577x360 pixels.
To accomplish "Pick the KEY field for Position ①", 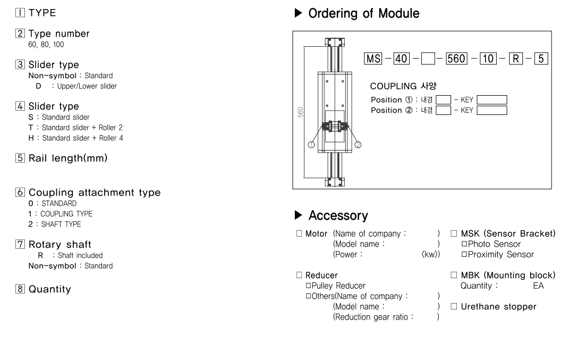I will click(x=491, y=99).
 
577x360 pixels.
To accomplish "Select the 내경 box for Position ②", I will click(x=443, y=110).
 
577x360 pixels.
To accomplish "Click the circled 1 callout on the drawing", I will click(x=312, y=144).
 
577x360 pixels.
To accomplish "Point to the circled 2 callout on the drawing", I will click(x=358, y=144).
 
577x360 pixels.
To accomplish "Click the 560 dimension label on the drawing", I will click(x=301, y=113).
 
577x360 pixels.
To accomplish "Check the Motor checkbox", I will click(x=300, y=234).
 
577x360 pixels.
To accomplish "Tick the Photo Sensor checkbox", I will click(x=464, y=244).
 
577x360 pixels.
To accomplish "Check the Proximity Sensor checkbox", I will click(x=464, y=255).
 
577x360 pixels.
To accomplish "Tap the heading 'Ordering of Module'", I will click(x=364, y=14).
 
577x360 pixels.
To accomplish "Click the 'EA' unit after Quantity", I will click(x=538, y=286).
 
